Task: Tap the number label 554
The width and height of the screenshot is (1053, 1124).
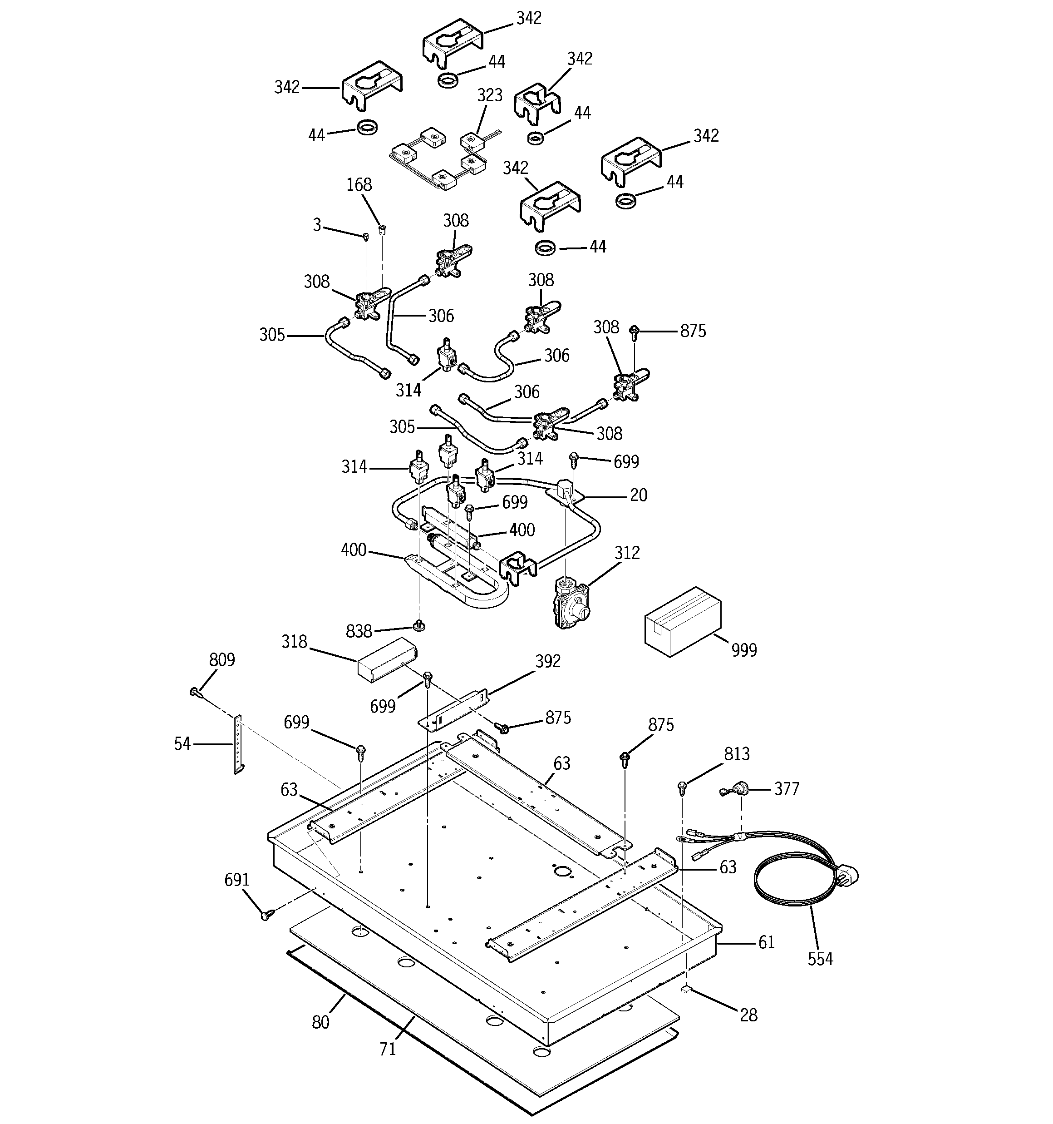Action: click(x=820, y=958)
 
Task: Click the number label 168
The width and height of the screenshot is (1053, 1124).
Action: click(x=359, y=185)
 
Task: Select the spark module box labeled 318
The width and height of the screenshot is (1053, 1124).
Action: click(x=386, y=659)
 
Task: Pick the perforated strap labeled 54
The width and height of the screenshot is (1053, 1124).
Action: click(x=238, y=744)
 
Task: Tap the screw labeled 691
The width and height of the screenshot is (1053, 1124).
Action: click(x=265, y=914)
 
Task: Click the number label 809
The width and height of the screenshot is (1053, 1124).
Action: click(x=221, y=660)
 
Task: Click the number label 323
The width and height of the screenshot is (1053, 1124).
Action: click(x=489, y=95)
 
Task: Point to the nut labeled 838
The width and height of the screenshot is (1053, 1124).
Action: click(x=419, y=625)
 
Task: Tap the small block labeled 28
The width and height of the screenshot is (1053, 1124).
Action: click(x=686, y=988)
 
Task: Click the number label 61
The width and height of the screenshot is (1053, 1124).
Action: click(x=766, y=942)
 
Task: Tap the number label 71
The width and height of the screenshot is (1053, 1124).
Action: click(x=387, y=1049)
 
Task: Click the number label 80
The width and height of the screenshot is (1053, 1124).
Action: click(x=320, y=1022)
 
